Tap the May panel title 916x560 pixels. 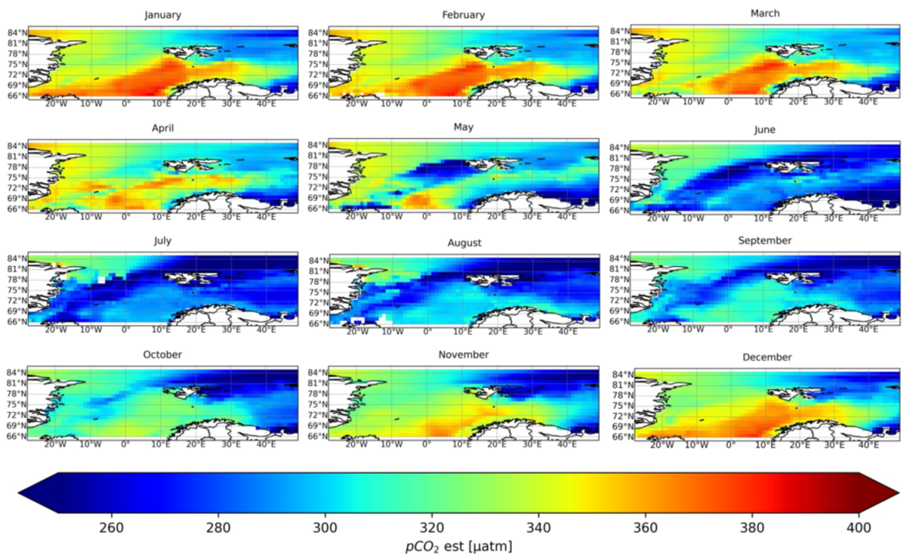coord(463,127)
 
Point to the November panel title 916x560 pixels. coord(463,354)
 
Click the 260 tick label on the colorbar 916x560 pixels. coord(113,528)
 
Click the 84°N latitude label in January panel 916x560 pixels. coord(17,32)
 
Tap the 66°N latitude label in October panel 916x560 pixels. coord(17,436)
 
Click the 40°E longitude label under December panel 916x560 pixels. coord(869,445)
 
